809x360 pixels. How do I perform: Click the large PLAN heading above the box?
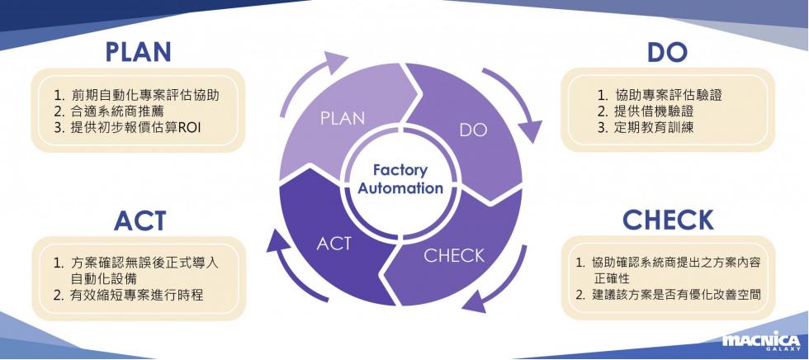(139, 52)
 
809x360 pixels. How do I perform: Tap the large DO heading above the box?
(668, 52)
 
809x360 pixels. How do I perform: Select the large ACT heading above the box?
(140, 220)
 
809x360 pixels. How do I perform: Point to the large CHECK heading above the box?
(668, 220)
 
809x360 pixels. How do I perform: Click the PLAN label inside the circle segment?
(342, 118)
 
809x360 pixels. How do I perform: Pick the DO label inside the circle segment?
(473, 130)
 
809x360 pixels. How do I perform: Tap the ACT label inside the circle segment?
(334, 243)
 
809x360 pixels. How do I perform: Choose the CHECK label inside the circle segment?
(454, 255)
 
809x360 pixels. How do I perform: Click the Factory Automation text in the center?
(400, 179)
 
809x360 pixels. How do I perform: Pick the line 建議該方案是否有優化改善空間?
(668, 295)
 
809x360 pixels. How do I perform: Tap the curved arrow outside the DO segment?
(517, 102)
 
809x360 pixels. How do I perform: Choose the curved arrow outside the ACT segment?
(291, 270)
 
